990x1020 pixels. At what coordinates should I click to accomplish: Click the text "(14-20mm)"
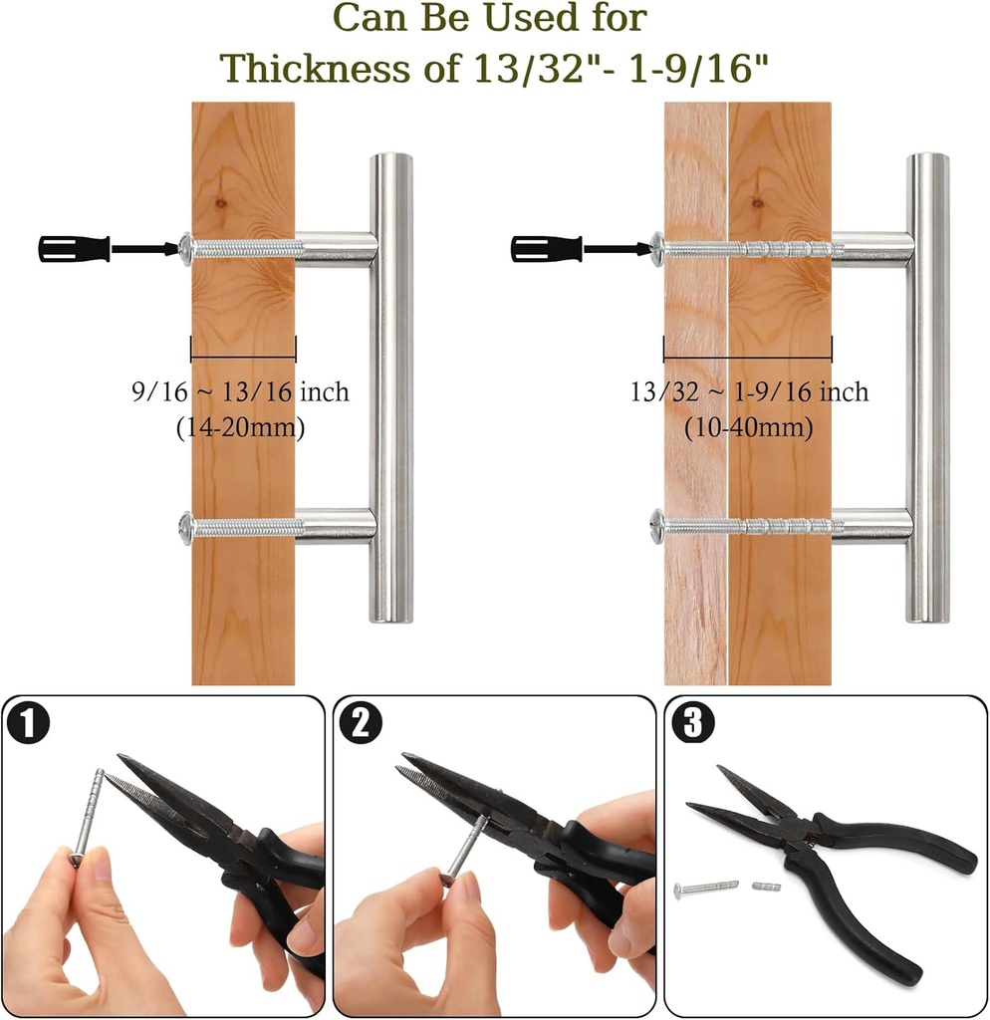tap(240, 427)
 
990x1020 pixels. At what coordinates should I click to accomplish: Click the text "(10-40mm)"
tap(748, 427)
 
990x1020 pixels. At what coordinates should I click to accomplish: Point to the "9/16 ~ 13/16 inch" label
tap(240, 391)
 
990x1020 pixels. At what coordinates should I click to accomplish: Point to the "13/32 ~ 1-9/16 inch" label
tap(748, 391)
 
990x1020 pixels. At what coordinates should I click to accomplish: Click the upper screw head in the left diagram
tap(185, 248)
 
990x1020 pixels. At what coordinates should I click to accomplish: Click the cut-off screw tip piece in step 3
tap(765, 883)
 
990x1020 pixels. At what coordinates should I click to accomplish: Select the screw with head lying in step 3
tap(703, 887)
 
